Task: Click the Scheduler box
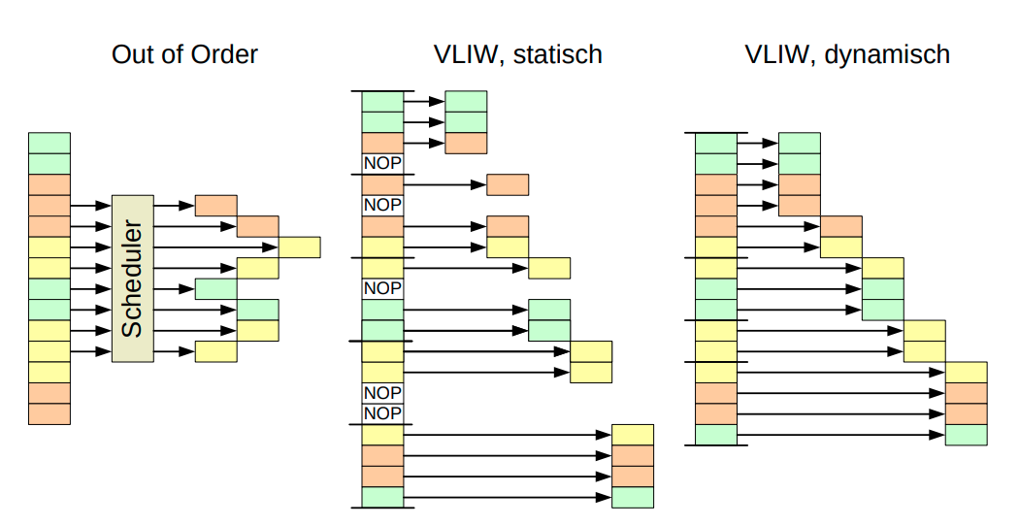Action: point(133,279)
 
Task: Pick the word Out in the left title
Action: point(133,54)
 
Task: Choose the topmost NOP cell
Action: point(382,164)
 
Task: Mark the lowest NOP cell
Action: point(382,413)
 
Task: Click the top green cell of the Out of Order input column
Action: point(49,143)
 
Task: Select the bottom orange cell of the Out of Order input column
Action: point(49,413)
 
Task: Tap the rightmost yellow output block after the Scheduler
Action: point(300,247)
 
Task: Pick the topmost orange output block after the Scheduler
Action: point(215,205)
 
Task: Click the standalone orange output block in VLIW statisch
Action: point(508,184)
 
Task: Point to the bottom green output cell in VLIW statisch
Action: point(633,498)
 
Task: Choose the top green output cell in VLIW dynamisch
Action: point(800,143)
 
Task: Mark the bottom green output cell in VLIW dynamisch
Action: point(967,435)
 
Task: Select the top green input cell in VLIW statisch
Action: point(382,101)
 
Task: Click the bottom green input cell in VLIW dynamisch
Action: point(716,435)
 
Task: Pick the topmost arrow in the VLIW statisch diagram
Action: point(423,101)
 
